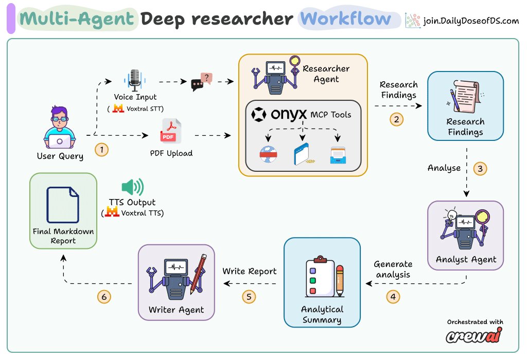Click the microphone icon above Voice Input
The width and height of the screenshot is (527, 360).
coord(135,80)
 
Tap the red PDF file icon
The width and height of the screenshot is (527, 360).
coord(171,131)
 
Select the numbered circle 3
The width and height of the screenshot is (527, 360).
coord(480,169)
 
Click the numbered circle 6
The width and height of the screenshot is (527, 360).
coord(104,297)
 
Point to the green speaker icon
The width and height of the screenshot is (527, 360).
coord(133,187)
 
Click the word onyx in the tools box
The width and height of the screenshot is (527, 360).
coord(289,114)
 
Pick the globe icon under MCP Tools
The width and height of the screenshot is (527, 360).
coord(268,154)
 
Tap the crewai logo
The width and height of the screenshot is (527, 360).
coord(474,335)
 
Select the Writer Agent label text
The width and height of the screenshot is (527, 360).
coord(176,310)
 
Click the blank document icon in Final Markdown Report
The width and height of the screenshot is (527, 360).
coord(63,205)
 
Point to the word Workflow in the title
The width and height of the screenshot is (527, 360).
coord(345,19)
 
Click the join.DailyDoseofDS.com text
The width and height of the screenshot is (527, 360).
coord(471,21)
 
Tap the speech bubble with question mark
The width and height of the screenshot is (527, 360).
coord(202,82)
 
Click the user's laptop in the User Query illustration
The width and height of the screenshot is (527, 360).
coord(60,141)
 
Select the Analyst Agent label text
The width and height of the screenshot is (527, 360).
coord(466,260)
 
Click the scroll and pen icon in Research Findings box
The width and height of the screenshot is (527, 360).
coord(465,96)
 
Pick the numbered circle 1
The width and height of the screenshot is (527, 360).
coord(101,150)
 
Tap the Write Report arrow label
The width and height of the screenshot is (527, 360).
coord(250,272)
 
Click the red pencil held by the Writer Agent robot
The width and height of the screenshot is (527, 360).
coord(198,274)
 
